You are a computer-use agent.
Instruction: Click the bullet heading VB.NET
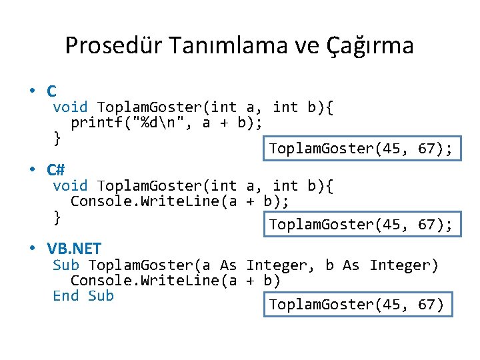(74, 249)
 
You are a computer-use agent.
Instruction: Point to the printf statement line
(166, 123)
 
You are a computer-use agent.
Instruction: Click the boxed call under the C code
(361, 149)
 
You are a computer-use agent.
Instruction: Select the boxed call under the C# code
(361, 225)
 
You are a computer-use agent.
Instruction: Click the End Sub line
(83, 295)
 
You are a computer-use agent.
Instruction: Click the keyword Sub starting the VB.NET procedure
(65, 265)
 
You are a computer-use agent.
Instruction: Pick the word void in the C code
(70, 107)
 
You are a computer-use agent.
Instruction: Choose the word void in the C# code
(70, 185)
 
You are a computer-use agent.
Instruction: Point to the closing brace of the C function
(57, 138)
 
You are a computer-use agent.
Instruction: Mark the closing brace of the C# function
(57, 216)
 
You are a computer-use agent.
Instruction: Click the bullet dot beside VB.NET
(32, 249)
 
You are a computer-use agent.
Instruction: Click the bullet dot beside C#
(32, 170)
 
